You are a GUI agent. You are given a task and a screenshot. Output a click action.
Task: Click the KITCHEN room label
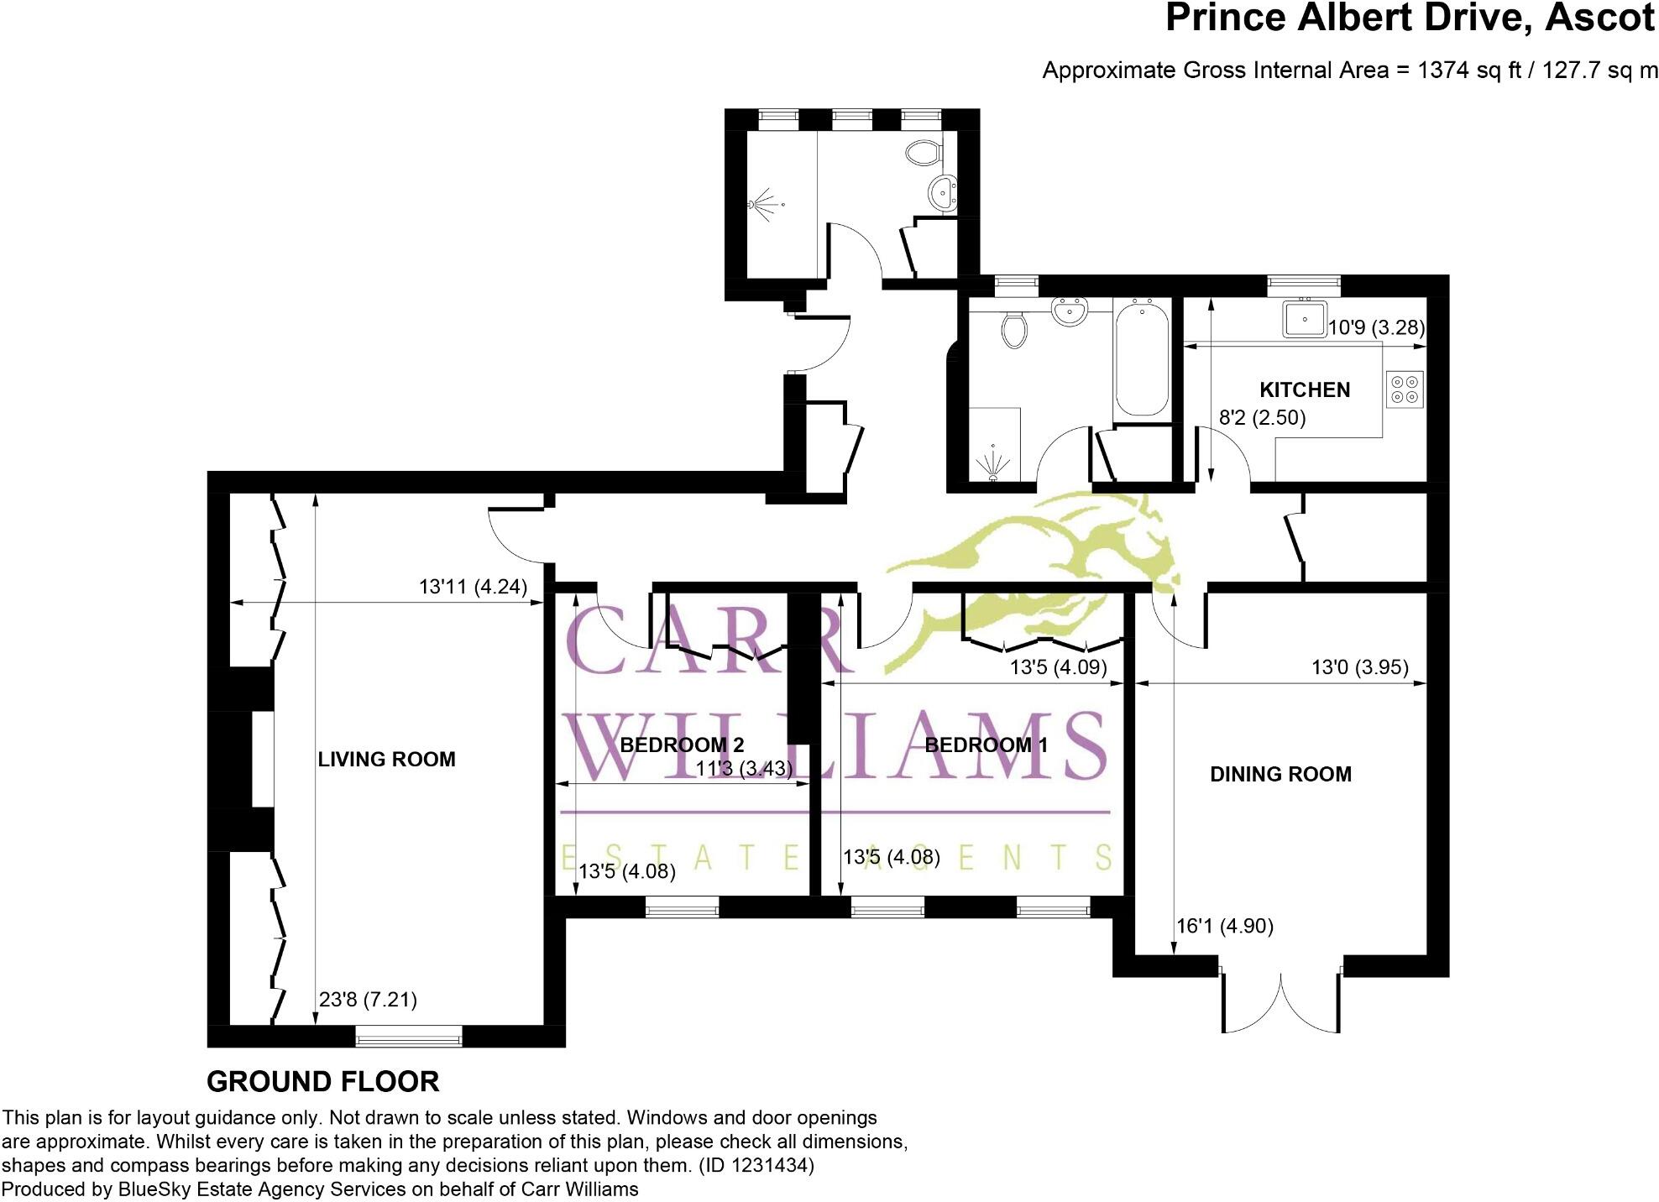point(1305,389)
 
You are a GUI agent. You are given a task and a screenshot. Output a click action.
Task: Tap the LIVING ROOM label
point(386,759)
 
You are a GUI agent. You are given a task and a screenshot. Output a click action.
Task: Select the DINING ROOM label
point(1280,774)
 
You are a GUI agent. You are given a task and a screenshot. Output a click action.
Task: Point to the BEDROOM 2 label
point(682,745)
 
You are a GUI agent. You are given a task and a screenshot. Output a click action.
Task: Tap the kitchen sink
point(1304,319)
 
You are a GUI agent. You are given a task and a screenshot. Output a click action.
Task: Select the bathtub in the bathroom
point(1141,360)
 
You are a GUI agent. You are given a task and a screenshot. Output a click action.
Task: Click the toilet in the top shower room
point(924,153)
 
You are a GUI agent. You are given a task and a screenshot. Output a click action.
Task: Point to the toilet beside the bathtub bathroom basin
point(1014,328)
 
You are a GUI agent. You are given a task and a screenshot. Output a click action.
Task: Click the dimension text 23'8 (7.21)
point(368,1000)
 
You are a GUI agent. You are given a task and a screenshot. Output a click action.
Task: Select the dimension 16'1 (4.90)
point(1225,926)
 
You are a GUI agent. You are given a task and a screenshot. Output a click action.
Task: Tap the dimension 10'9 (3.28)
point(1376,327)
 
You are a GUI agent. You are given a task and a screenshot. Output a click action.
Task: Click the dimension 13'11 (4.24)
point(473,586)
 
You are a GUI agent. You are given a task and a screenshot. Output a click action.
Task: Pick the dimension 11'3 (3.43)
point(744,768)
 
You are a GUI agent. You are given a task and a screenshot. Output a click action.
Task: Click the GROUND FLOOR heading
point(323,1081)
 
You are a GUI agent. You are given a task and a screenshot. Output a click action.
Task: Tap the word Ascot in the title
point(1599,18)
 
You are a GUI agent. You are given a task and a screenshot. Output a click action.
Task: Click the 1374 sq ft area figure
point(1469,71)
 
